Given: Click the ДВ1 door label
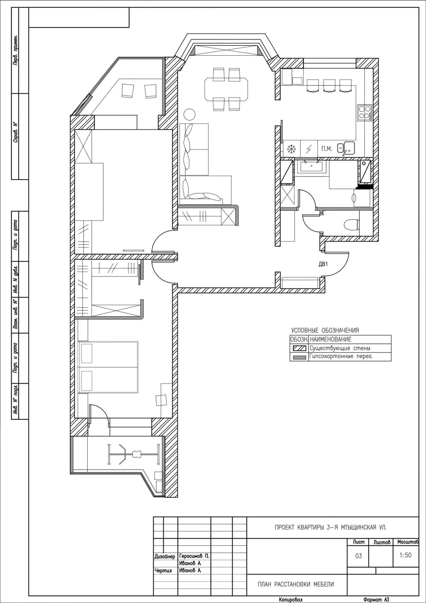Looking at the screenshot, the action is (x=323, y=264).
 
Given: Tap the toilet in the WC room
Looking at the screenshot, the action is (x=351, y=224).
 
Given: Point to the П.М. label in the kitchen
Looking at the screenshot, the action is (x=327, y=149).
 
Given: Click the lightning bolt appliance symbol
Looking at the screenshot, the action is (x=309, y=149).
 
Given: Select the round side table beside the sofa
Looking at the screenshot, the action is (x=189, y=115).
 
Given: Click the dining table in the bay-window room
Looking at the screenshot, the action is (x=227, y=89).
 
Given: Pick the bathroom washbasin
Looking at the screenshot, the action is (x=311, y=166).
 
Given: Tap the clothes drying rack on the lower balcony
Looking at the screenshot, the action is (x=133, y=454).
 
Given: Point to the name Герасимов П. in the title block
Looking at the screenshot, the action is (x=194, y=556).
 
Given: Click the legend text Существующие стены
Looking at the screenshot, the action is (x=340, y=348).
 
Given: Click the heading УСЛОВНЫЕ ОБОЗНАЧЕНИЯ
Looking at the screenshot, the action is (x=325, y=330).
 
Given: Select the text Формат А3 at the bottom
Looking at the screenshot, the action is (x=376, y=600).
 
